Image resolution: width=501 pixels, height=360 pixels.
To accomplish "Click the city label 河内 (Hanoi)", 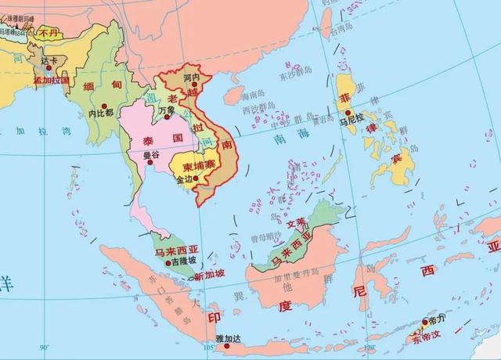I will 191,79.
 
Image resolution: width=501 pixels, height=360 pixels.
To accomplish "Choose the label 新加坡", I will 209,275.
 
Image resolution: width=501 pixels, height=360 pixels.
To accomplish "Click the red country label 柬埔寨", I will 199,167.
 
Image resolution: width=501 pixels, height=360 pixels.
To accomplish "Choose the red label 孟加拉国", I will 51,80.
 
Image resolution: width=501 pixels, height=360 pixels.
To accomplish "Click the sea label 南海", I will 283,138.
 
